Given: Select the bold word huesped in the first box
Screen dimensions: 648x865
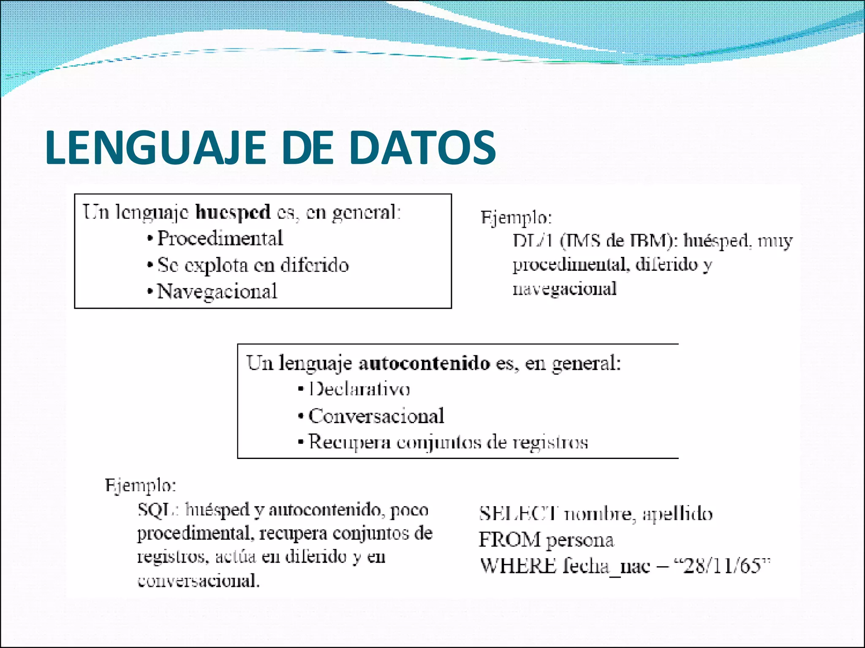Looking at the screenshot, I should [x=233, y=212].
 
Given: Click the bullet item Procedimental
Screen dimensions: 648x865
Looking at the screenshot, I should [x=220, y=239].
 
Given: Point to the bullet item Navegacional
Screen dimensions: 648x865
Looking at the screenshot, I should [x=217, y=292].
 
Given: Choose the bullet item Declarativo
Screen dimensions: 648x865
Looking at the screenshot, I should [x=359, y=389].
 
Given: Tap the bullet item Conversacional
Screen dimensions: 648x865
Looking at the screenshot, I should [x=376, y=416].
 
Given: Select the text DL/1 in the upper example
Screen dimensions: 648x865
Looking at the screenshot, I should [x=533, y=241].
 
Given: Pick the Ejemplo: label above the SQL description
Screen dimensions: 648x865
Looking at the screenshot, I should [x=140, y=486].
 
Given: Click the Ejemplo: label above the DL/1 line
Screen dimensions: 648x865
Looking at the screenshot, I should [x=516, y=218].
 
